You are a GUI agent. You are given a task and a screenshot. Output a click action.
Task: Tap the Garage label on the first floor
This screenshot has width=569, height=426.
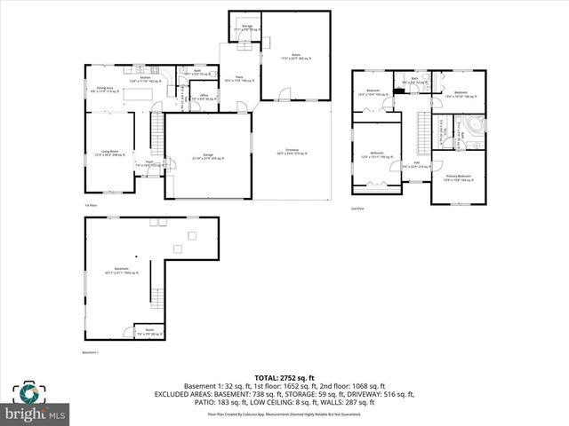[x=206, y=157]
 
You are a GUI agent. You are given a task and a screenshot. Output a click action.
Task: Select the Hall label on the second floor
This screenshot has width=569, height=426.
[x=415, y=163]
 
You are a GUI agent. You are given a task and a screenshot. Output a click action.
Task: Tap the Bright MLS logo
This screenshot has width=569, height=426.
[x=36, y=403]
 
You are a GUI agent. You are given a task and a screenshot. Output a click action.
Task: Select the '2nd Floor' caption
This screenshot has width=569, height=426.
[x=357, y=209]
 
